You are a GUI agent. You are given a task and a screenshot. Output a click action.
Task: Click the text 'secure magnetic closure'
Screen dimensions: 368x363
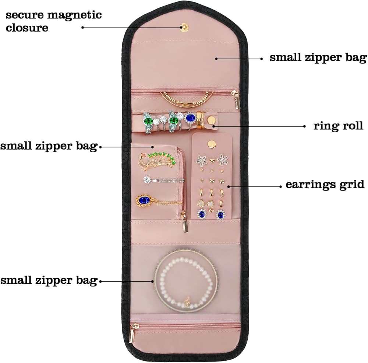(x=53, y=21)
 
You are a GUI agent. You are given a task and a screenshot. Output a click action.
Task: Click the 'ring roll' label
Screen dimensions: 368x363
(x=338, y=126)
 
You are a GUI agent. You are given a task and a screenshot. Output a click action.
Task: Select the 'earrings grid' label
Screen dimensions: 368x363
(x=325, y=185)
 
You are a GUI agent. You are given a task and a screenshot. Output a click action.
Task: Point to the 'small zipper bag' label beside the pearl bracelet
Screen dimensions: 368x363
(x=49, y=280)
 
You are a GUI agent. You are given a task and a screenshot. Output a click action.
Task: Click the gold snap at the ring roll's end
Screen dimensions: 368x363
(x=212, y=121)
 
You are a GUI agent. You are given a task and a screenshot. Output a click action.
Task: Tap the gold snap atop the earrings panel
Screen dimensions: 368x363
(x=212, y=144)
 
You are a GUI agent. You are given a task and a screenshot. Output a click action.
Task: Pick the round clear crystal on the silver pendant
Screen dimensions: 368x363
(x=147, y=179)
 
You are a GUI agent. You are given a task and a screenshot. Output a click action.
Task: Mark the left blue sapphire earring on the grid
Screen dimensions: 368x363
(x=202, y=214)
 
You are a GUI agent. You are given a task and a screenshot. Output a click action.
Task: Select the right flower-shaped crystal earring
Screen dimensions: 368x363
(x=222, y=160)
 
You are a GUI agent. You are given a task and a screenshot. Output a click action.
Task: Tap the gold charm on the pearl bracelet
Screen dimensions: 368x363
(x=187, y=301)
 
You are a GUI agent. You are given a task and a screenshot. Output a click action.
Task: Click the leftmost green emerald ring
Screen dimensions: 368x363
(x=148, y=122)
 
